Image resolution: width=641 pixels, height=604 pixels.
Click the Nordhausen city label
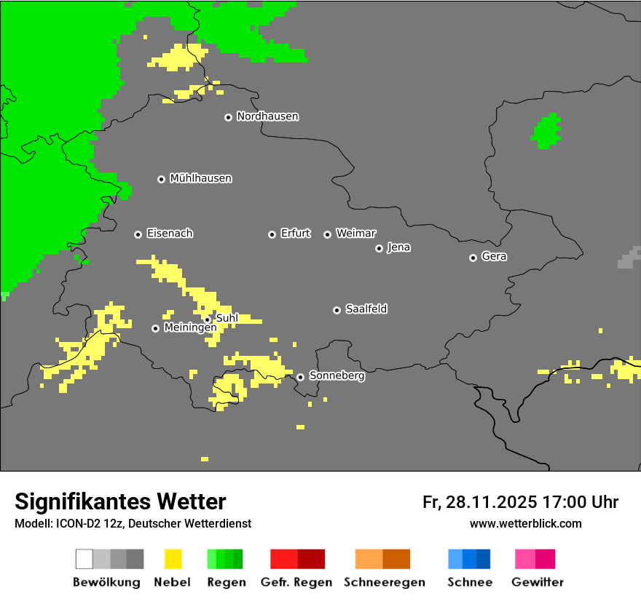(267, 116)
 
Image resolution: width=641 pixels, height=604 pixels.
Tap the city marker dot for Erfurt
(272, 234)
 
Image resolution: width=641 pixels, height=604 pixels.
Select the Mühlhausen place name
(200, 178)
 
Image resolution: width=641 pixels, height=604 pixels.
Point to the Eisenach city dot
(138, 234)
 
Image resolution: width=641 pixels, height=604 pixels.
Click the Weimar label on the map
(355, 234)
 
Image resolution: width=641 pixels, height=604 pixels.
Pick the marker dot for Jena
(379, 248)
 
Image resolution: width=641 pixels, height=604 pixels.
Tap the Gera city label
(494, 257)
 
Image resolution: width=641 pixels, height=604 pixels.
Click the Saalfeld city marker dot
(337, 310)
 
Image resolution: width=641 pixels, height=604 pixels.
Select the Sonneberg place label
(337, 376)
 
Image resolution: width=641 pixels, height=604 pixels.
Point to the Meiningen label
(190, 328)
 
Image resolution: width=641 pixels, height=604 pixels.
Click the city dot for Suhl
(207, 319)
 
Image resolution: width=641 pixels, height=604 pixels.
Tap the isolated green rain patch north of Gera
(546, 132)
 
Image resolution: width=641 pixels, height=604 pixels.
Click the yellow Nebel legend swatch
(173, 559)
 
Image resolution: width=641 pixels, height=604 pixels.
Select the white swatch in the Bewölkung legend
(84, 559)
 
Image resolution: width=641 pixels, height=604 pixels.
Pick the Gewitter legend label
(537, 582)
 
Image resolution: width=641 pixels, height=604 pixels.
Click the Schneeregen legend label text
(384, 582)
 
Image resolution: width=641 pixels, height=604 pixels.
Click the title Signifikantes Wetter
(120, 501)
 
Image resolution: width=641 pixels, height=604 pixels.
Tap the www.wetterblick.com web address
(525, 524)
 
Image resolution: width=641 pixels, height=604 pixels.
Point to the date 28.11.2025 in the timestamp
(492, 502)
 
